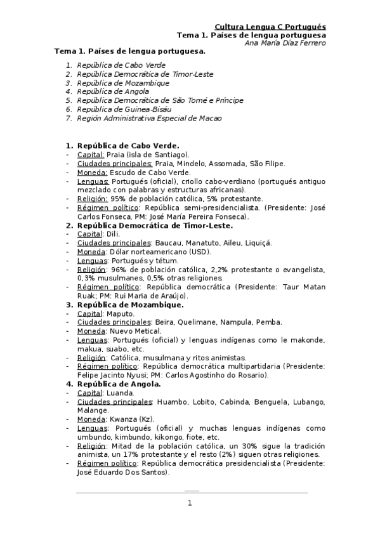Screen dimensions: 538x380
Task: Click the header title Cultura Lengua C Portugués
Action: pos(270,27)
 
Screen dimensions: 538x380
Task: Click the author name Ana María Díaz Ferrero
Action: pos(285,43)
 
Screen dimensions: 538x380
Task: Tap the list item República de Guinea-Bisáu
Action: pos(119,109)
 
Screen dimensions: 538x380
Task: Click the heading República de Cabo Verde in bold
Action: pos(128,145)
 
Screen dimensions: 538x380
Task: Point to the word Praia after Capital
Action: pos(116,154)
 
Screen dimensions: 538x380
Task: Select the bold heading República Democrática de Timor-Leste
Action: pos(155,225)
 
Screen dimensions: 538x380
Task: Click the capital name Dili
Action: pos(114,234)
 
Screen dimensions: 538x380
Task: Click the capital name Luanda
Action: pos(119,393)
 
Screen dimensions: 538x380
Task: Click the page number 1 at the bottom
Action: pos(189,504)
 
